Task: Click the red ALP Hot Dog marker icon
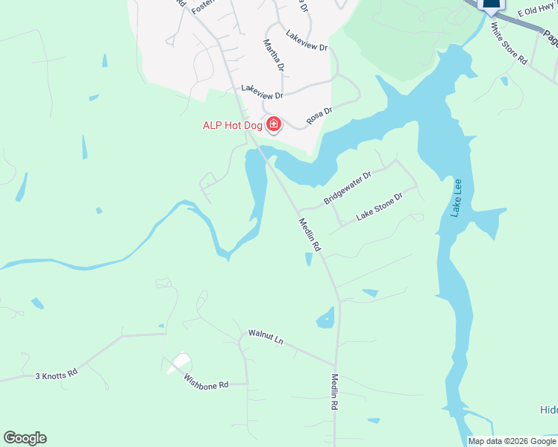(x=274, y=124)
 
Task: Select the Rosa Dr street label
(x=319, y=116)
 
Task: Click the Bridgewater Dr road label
(x=347, y=189)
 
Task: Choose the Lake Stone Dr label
(x=379, y=206)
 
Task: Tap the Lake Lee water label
(x=456, y=198)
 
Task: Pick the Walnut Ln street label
(x=266, y=337)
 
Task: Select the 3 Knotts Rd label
(x=57, y=374)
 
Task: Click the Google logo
(x=25, y=438)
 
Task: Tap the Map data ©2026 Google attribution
(x=512, y=441)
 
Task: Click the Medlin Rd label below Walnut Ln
(x=335, y=393)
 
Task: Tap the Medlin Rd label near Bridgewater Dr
(x=309, y=234)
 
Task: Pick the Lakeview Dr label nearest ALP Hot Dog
(x=263, y=94)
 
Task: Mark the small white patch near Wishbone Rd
(x=178, y=363)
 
